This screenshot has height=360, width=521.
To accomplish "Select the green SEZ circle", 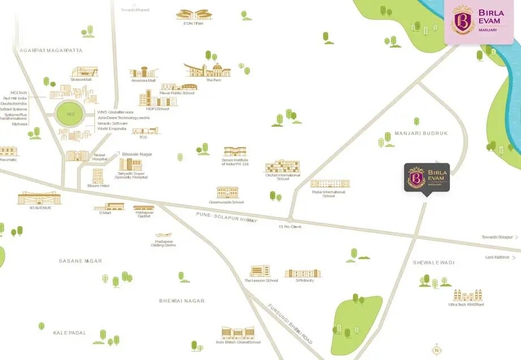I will pyautogui.click(x=71, y=114).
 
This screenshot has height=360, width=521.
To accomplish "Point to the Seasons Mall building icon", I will pyautogui.click(x=84, y=72).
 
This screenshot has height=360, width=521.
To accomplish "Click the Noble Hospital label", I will pyautogui.click(x=100, y=157).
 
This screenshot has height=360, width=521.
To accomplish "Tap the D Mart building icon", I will pyautogui.click(x=109, y=207).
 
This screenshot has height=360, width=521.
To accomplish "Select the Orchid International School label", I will pyautogui.click(x=282, y=177).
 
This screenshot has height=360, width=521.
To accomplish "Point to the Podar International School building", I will pyautogui.click(x=330, y=184).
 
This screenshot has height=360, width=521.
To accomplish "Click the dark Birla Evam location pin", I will pyautogui.click(x=427, y=177).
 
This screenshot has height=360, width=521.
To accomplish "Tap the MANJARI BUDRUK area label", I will pyautogui.click(x=421, y=133).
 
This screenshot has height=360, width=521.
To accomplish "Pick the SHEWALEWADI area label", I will pyautogui.click(x=434, y=263).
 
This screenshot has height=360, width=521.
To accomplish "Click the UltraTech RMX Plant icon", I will pyautogui.click(x=467, y=296).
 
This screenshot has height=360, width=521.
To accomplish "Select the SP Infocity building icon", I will pyautogui.click(x=303, y=274).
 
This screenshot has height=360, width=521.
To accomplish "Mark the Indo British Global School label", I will pyautogui.click(x=238, y=342).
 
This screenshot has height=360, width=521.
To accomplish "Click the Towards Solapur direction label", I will pyautogui.click(x=497, y=237).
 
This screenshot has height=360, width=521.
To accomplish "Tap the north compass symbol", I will pyautogui.click(x=436, y=350).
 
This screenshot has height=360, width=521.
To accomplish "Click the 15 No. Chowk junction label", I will pyautogui.click(x=290, y=227).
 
